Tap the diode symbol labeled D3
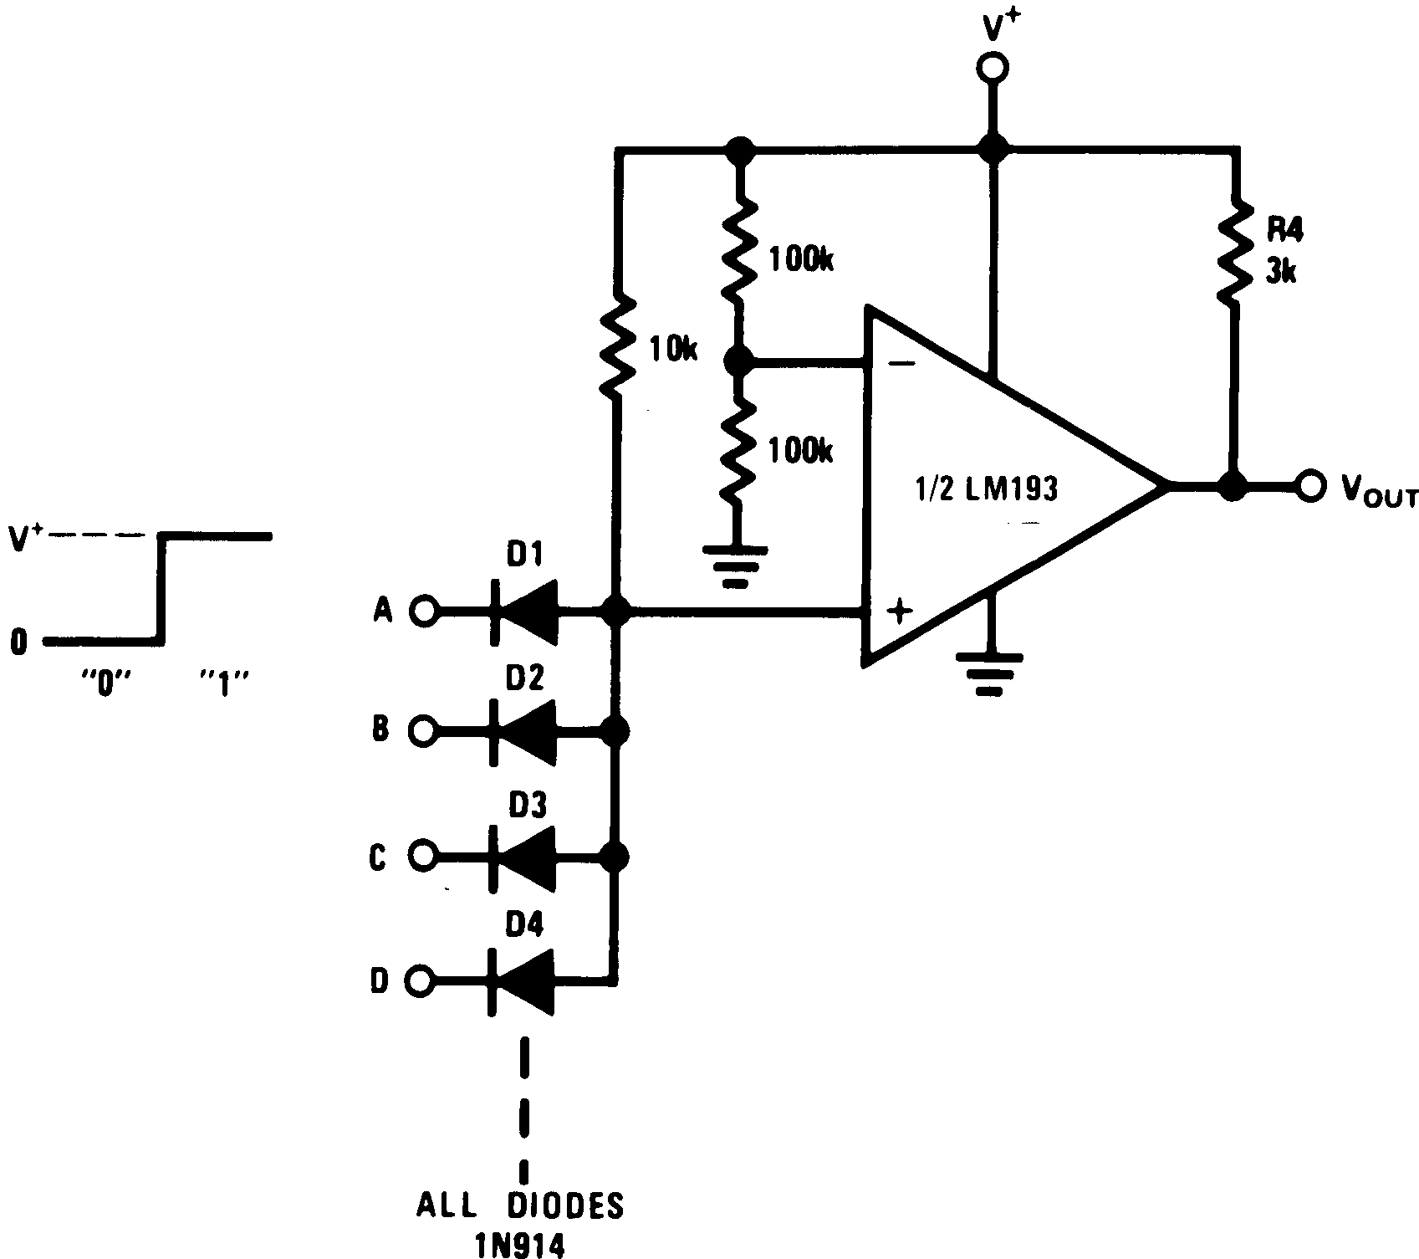point(524,856)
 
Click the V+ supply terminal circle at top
point(993,68)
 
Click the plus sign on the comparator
point(899,612)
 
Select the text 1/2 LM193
point(985,488)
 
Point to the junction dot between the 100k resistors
point(738,362)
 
